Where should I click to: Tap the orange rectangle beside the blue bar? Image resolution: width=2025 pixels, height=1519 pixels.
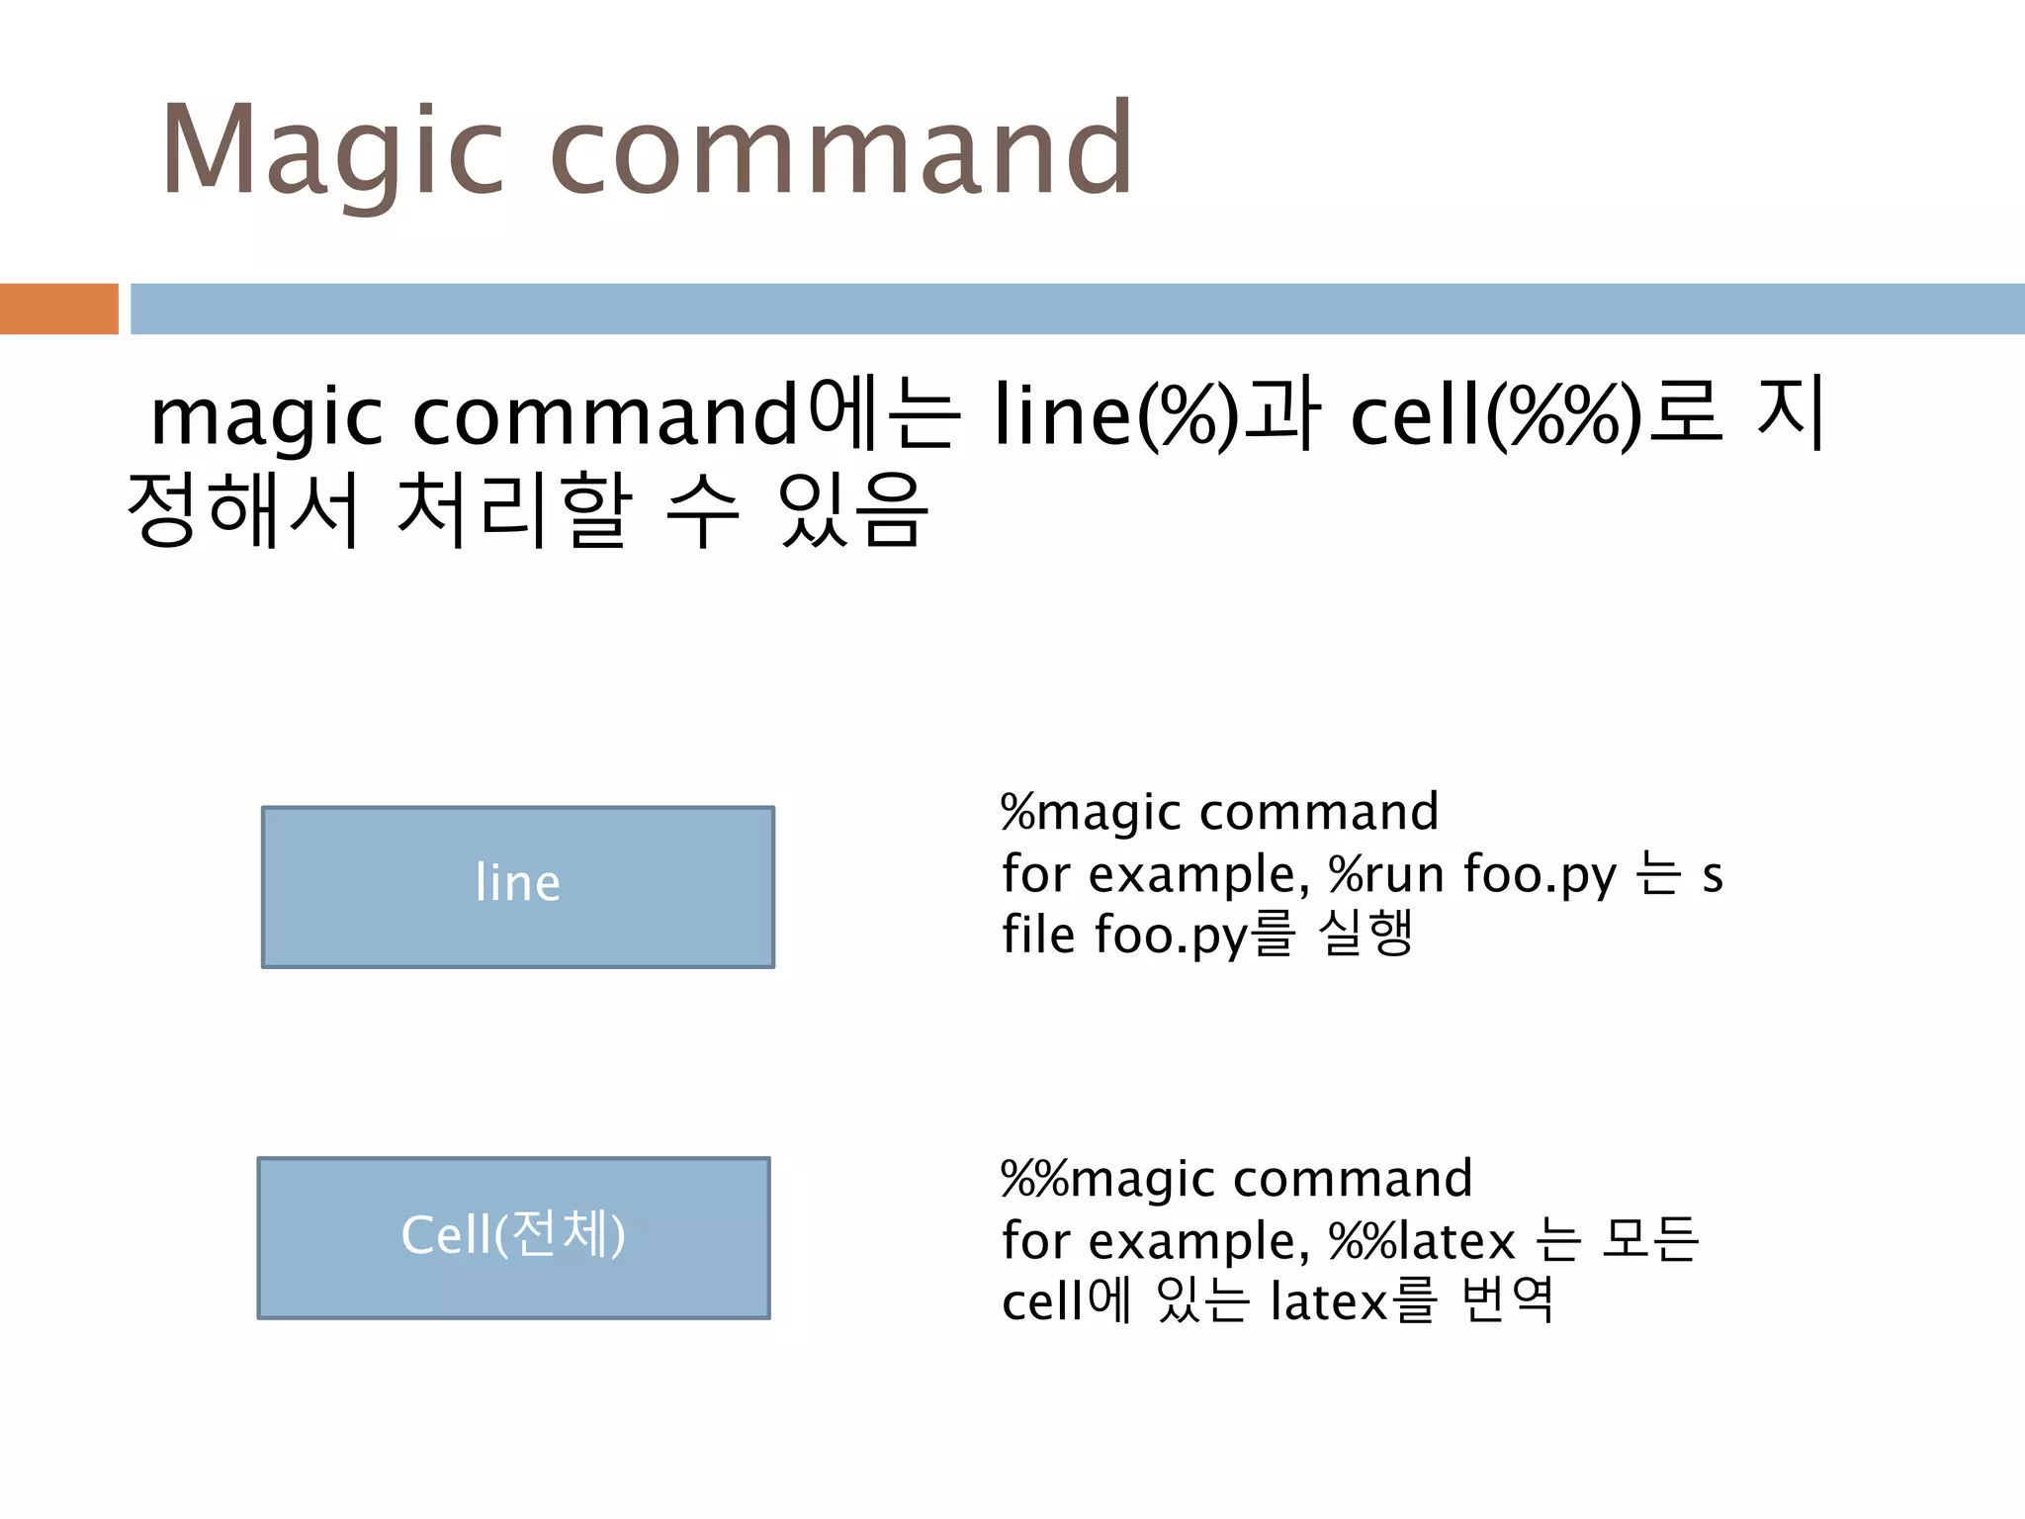tap(58, 309)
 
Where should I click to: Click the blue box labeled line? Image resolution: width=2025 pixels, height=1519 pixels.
tap(517, 886)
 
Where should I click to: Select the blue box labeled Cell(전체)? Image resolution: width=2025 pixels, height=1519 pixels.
tap(513, 1237)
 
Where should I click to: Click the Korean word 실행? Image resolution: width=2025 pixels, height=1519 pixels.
tap(1365, 934)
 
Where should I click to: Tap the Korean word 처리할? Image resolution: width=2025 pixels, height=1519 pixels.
tap(513, 510)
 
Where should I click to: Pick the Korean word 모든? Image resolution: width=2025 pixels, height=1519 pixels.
tap(1649, 1239)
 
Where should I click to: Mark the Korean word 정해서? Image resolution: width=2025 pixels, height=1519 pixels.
tap(243, 510)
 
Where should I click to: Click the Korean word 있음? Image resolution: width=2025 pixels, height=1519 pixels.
tap(852, 510)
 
